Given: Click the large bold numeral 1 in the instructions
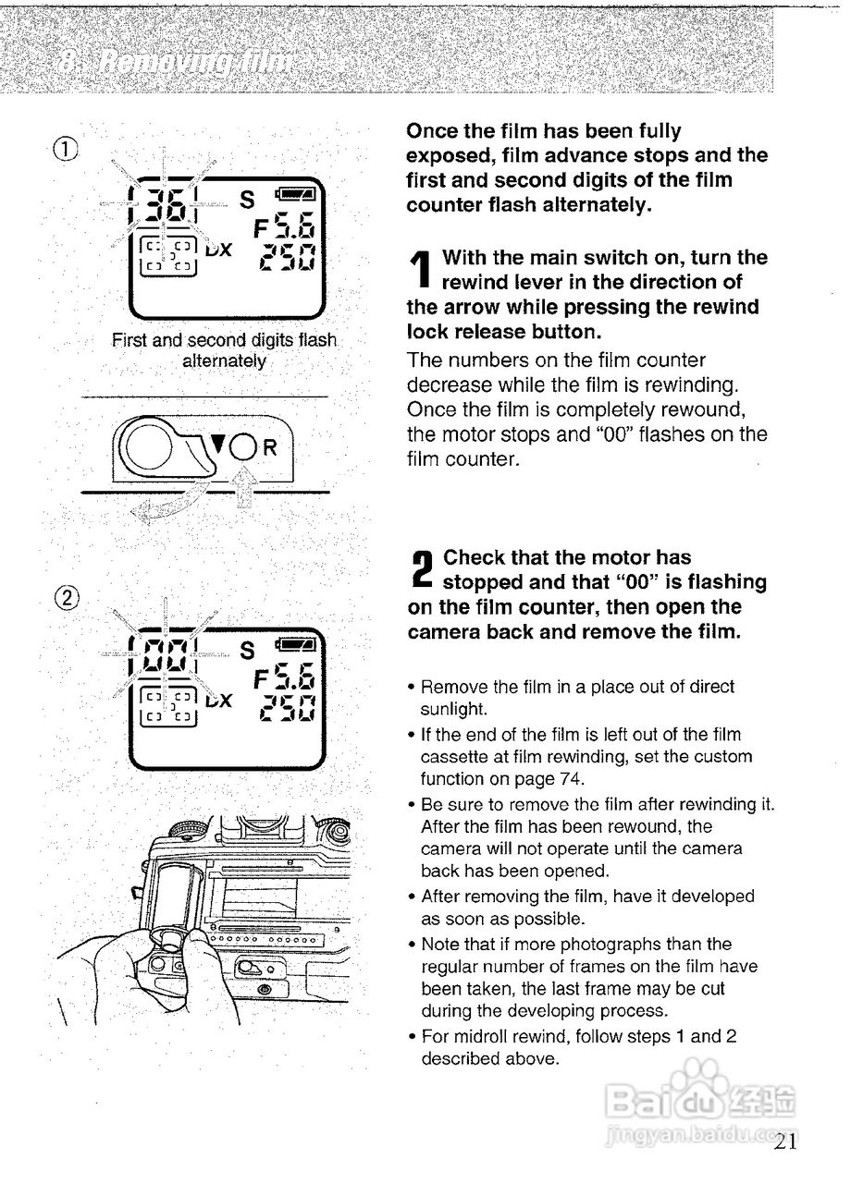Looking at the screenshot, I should click(x=422, y=270).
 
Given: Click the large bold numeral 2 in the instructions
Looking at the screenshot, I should click(x=422, y=570).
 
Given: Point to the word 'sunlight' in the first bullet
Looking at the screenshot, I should click(x=453, y=710).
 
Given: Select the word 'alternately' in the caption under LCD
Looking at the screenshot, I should click(x=224, y=360).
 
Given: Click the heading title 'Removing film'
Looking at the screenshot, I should click(x=176, y=63).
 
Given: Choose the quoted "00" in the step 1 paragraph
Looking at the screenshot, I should click(x=622, y=434).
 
